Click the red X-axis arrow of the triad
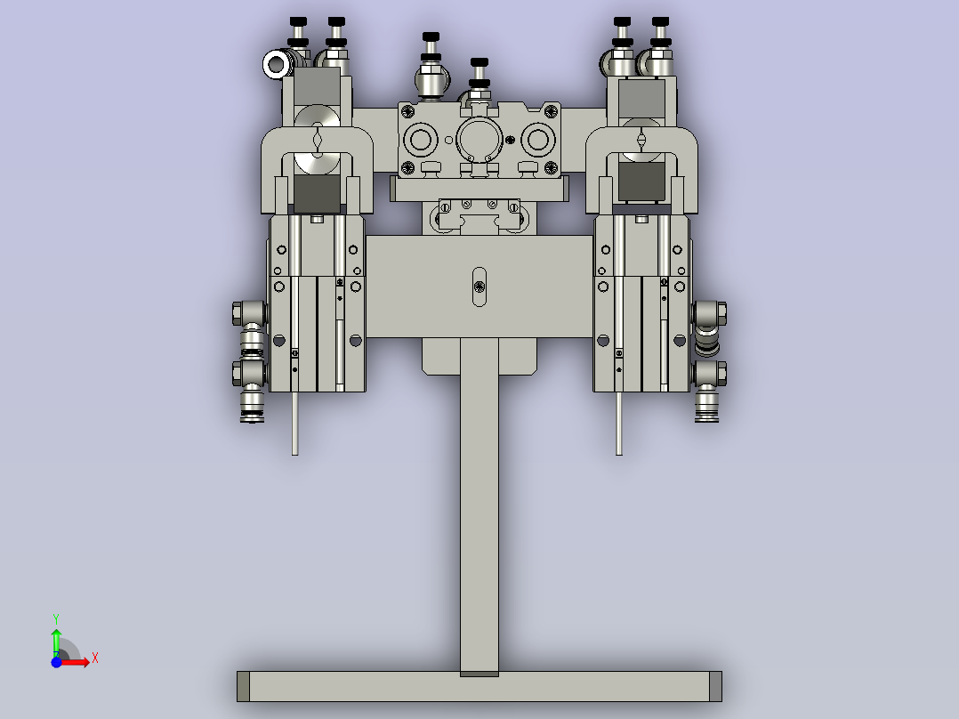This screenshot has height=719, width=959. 78,662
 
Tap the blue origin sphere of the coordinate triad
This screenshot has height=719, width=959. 56,662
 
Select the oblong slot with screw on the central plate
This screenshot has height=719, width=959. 479,286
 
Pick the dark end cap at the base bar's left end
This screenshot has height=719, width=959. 243,686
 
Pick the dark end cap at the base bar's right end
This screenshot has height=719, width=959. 715,686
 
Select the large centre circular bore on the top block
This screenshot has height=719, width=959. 479,140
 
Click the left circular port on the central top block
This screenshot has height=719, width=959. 418,140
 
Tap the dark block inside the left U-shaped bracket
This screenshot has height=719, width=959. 317,190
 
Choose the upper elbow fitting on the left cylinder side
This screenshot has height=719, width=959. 249,313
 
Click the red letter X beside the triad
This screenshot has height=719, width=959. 94,658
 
